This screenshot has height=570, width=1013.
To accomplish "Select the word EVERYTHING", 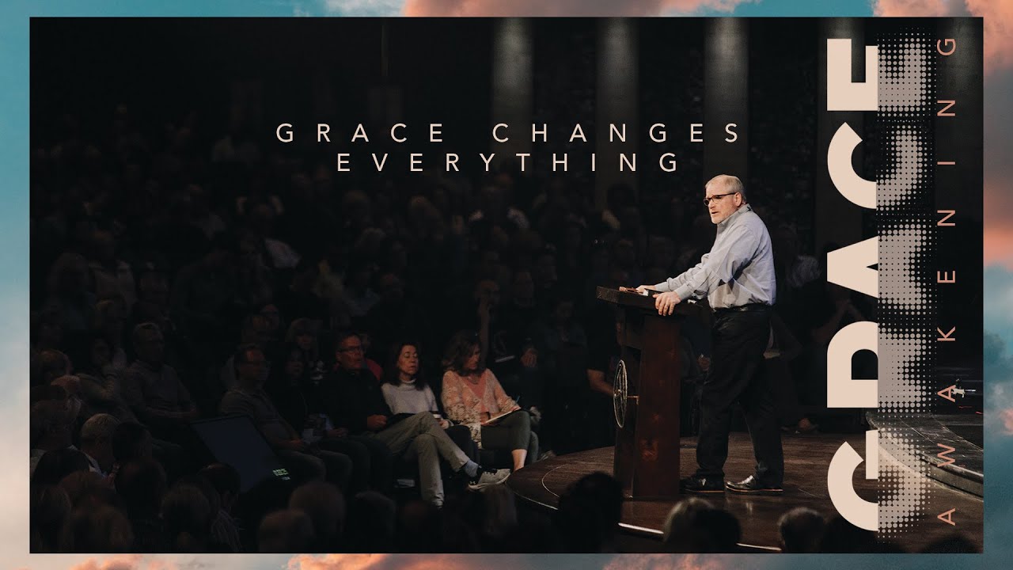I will tap(508, 162).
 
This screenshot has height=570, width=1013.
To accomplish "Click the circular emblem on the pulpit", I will tap(622, 394).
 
